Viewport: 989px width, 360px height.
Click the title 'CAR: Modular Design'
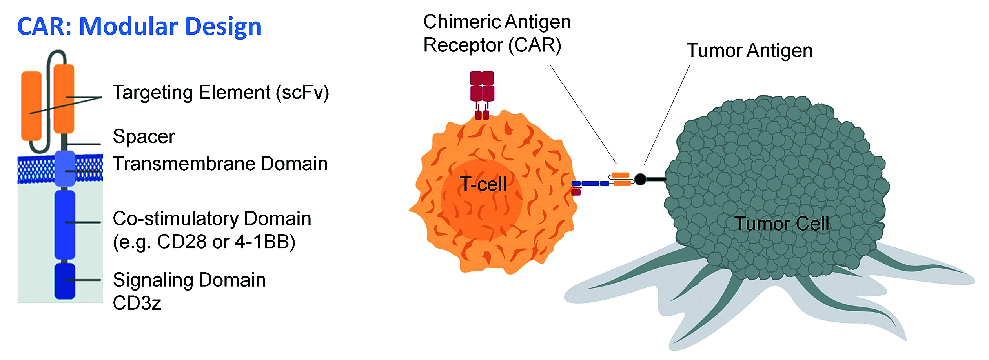(139, 27)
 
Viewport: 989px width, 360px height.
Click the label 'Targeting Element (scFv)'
(220, 93)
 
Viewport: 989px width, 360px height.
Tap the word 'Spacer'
(144, 136)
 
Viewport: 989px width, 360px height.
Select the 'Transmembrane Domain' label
(220, 164)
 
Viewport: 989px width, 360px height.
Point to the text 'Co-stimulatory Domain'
(212, 218)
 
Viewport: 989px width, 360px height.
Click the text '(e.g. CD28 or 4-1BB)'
(204, 242)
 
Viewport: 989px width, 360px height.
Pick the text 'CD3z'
(137, 303)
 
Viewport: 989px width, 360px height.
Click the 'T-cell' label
(483, 184)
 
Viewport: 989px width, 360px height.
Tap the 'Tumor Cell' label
(781, 224)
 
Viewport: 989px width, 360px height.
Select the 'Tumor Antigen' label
(749, 51)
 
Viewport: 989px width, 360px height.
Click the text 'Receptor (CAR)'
(492, 45)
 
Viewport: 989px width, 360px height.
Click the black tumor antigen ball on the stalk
(640, 179)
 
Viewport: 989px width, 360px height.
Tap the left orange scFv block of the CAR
(31, 106)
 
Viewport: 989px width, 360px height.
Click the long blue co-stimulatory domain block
(65, 225)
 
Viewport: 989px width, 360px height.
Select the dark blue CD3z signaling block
(65, 281)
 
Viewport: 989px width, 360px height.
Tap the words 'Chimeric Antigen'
(497, 22)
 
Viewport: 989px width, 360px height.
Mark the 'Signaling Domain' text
(189, 280)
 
